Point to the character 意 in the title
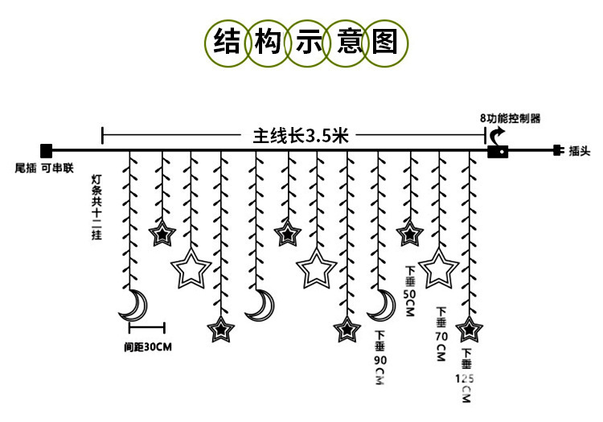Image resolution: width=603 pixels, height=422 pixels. click(x=346, y=41)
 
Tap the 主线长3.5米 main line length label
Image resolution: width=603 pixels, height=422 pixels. click(x=301, y=136)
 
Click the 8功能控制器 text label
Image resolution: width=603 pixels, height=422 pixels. click(x=510, y=117)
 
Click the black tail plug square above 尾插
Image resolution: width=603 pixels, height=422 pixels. click(x=46, y=150)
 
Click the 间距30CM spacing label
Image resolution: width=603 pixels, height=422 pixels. click(x=148, y=347)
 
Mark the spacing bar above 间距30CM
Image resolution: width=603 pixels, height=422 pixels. click(x=146, y=327)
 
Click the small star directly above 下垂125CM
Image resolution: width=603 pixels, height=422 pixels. click(x=468, y=328)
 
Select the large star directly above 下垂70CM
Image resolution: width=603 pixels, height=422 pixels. click(x=439, y=269)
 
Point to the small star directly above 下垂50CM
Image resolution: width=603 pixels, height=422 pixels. click(x=409, y=234)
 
